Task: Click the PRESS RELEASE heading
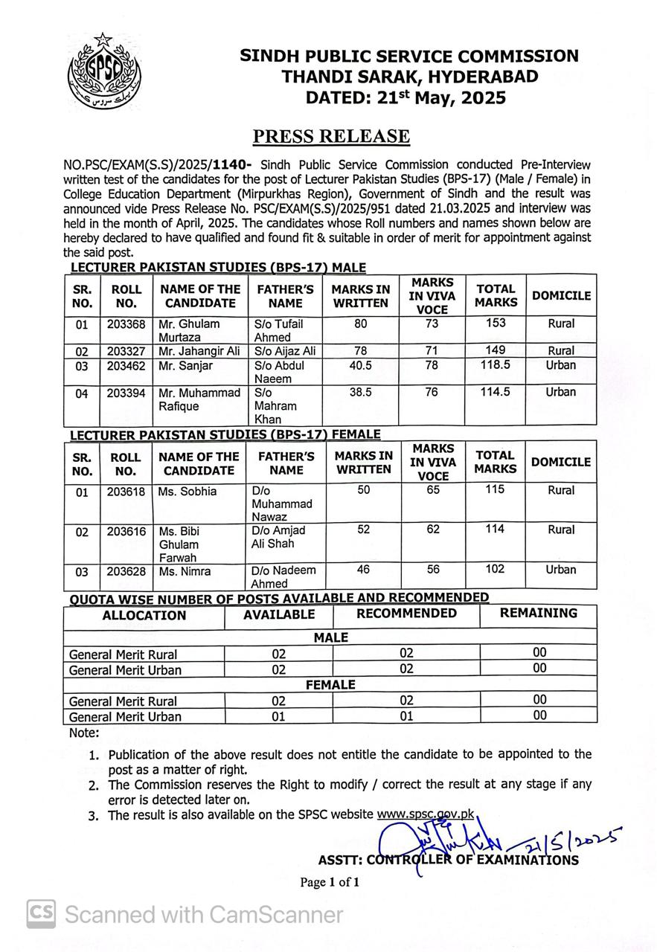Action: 331,136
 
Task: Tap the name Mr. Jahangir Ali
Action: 196,350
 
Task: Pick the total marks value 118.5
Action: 495,365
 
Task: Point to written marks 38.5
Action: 360,392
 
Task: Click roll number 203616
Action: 126,531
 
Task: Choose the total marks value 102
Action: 494,569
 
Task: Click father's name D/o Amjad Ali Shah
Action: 280,537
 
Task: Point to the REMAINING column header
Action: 538,614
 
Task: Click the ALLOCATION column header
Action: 144,616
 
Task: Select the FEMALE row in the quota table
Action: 330,684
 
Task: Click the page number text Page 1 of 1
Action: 330,883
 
